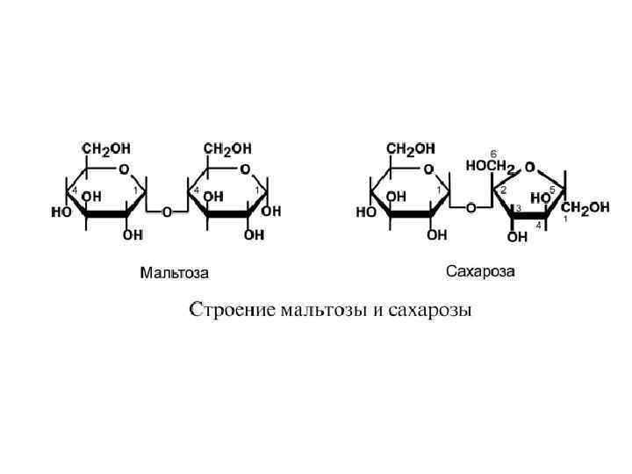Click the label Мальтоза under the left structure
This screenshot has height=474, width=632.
coord(175,273)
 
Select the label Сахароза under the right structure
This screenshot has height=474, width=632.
coord(480,269)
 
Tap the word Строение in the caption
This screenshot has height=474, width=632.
coord(230,311)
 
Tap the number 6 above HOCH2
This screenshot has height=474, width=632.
coord(493,153)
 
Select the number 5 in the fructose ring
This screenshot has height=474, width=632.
coord(551,189)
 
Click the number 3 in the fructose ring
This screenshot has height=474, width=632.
coord(519,208)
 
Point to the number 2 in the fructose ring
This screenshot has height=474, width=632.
coord(503,190)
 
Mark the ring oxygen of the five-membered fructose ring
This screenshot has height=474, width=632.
coord(529,166)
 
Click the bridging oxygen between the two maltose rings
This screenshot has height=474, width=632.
coord(166,212)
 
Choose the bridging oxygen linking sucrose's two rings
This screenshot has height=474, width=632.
coord(470,208)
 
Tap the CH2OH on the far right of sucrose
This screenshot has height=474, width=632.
coord(585,208)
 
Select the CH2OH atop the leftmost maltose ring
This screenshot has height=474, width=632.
coord(106,147)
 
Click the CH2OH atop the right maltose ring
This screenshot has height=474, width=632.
coord(227,147)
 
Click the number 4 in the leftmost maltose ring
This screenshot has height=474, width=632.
coord(75,190)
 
